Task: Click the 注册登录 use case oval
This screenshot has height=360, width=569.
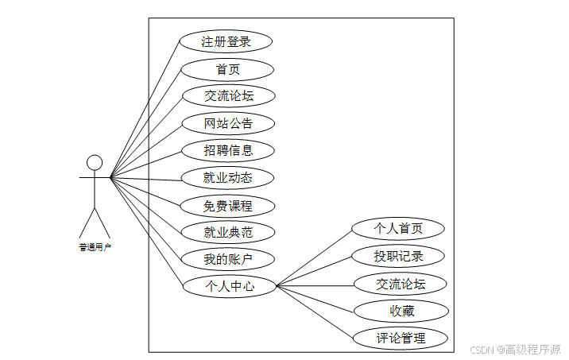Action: pyautogui.click(x=226, y=41)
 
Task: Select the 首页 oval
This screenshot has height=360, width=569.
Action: pyautogui.click(x=228, y=69)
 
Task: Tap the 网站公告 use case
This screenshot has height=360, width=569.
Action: pyautogui.click(x=228, y=123)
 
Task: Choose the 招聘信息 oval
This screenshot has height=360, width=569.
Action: pyautogui.click(x=228, y=150)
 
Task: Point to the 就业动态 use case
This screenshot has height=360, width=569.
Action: pyautogui.click(x=228, y=177)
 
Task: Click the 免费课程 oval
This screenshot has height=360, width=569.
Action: pyautogui.click(x=228, y=205)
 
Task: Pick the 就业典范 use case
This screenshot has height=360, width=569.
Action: pyautogui.click(x=228, y=232)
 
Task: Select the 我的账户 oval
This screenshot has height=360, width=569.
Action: pyautogui.click(x=228, y=259)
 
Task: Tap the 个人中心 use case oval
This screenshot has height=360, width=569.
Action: pyautogui.click(x=230, y=286)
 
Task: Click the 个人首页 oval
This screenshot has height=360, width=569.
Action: pyautogui.click(x=398, y=229)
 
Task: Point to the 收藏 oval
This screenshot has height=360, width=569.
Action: pyautogui.click(x=401, y=311)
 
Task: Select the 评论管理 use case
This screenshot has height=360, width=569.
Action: pyautogui.click(x=401, y=338)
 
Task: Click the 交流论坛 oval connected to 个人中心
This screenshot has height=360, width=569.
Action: pyautogui.click(x=401, y=284)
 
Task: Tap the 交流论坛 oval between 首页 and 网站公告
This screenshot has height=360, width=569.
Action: pyautogui.click(x=228, y=96)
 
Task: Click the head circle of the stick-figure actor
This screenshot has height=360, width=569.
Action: pyautogui.click(x=95, y=163)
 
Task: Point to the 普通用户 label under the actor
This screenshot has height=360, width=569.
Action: pyautogui.click(x=95, y=247)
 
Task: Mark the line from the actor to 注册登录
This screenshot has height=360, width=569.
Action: pyautogui.click(x=145, y=109)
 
